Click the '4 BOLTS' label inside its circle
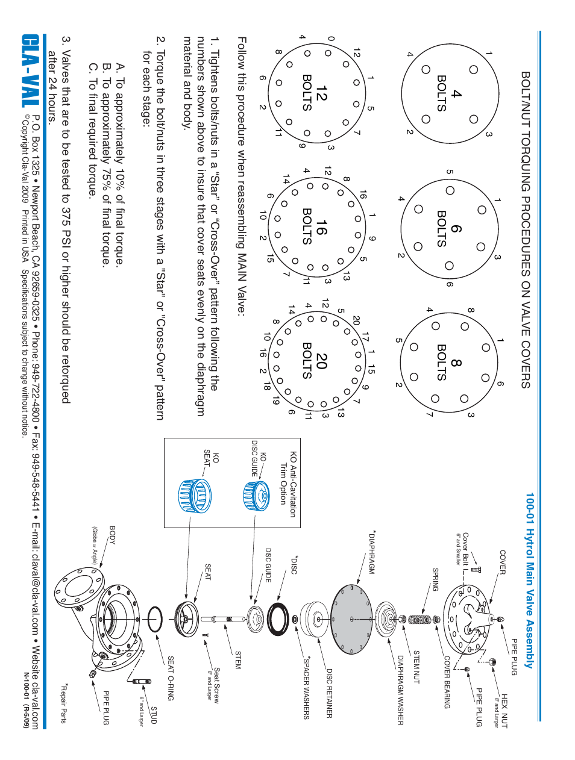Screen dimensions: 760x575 [449, 93]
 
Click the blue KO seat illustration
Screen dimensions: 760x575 [194, 496]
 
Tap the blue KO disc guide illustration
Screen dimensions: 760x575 [256, 495]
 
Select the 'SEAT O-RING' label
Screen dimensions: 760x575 [171, 678]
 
